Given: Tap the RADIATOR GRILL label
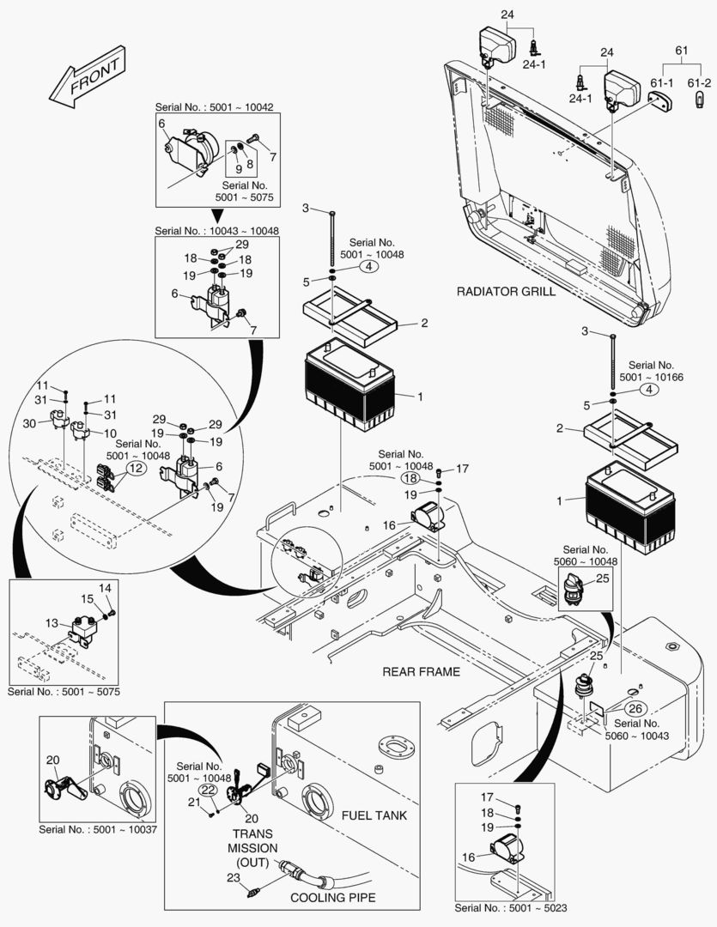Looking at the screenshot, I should coord(506,292).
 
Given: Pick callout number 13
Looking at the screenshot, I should coord(52,623).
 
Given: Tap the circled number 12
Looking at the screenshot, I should coord(136,469).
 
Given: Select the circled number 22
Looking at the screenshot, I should coord(209,789).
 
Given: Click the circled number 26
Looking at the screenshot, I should coord(635,708).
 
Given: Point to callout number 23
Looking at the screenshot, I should coord(232,877).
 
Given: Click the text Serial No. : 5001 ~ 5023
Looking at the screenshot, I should coord(511,908).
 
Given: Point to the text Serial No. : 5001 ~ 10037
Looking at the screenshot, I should coord(98,830).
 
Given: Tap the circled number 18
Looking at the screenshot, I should coord(411,478).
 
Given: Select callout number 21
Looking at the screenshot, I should coord(194,802).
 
